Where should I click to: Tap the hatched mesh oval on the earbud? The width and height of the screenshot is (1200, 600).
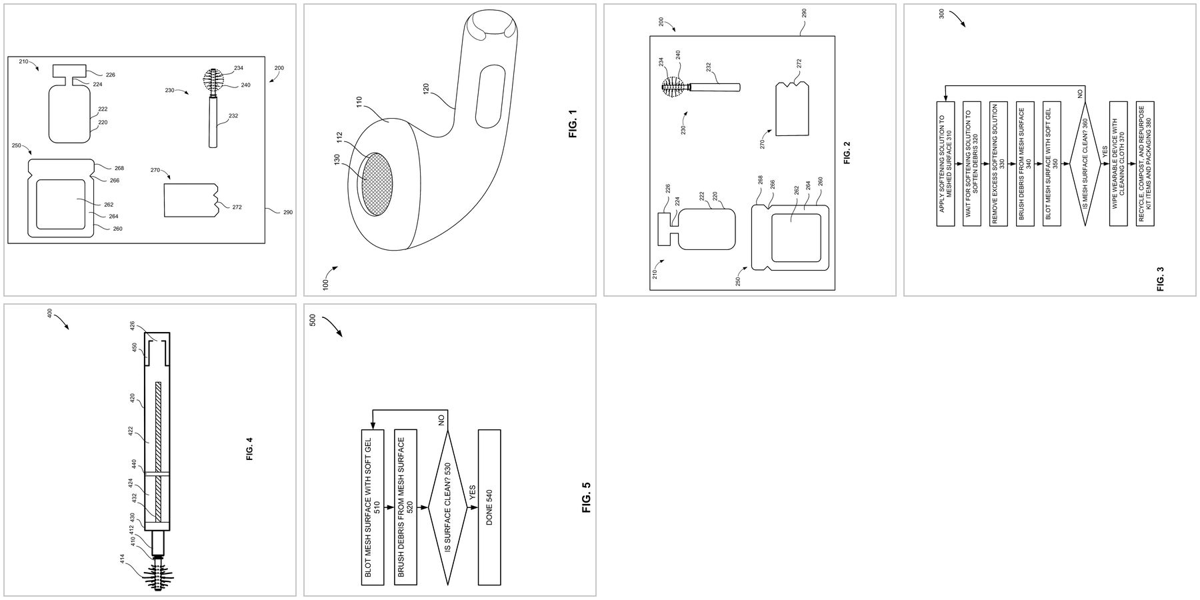(377, 183)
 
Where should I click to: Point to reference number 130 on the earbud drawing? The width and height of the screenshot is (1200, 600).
(337, 160)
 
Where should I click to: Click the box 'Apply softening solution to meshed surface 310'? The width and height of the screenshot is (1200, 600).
(945, 164)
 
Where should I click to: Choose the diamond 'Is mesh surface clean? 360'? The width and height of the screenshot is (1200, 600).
(1085, 164)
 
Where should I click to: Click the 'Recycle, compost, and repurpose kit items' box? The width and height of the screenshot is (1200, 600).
(1145, 164)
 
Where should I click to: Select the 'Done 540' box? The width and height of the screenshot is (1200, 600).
(489, 508)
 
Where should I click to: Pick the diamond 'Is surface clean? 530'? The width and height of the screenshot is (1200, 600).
(447, 508)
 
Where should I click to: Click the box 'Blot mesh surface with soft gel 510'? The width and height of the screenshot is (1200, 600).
(373, 508)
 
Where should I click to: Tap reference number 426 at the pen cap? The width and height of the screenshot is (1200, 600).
(132, 325)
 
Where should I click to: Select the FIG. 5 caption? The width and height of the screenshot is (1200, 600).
(587, 497)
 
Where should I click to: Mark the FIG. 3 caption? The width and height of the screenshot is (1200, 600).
(1160, 279)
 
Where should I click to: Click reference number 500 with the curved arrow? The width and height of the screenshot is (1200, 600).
(313, 320)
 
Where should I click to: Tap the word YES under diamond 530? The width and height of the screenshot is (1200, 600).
(473, 491)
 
